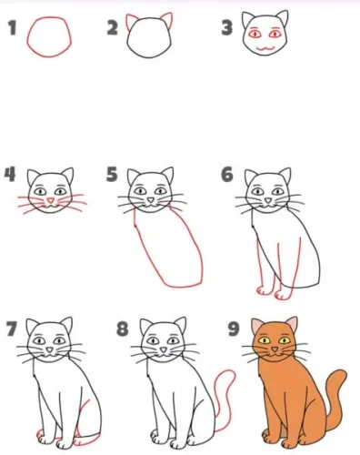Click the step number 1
[x=12, y=27]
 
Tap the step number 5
[x=112, y=174]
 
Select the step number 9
[x=234, y=329]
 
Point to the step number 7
[x=12, y=329]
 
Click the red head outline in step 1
[x=28, y=36]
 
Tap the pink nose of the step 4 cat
[x=51, y=200]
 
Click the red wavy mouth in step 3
[x=265, y=48]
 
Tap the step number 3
[x=227, y=27]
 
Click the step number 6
[x=227, y=174]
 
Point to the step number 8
[x=123, y=329]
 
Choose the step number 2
[x=113, y=27]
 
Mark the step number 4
[x=10, y=174]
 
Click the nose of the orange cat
[x=275, y=349]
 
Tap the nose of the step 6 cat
[x=268, y=200]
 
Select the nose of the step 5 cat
[x=151, y=200]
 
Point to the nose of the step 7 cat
[x=50, y=349]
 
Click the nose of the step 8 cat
[x=164, y=349]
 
